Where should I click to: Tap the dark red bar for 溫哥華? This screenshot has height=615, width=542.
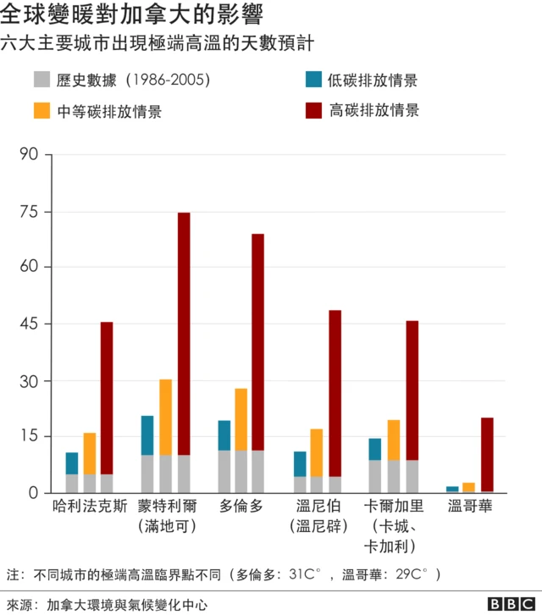487,454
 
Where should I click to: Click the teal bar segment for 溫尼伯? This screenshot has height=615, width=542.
300,463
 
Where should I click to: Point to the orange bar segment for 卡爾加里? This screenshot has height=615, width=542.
393,440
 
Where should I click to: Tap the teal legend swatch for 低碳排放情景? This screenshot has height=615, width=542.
312,80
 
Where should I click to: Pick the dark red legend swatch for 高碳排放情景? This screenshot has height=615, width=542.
312,110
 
